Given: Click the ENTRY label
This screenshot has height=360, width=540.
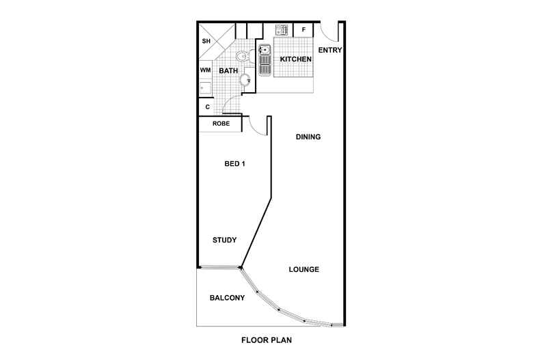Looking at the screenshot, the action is click(330, 51).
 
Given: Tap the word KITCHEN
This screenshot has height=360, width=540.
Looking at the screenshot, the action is click(295, 59).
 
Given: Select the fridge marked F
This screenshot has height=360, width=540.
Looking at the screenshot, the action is click(303, 30).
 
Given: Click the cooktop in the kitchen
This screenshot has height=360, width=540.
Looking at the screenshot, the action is click(282, 30).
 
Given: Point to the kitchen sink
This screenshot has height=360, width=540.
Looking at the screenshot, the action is click(265, 60).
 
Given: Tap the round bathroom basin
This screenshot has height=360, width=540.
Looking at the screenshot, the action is click(245, 80).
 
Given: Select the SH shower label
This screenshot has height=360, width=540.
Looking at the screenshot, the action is click(206, 41).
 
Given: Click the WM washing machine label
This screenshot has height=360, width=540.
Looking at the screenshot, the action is click(205, 70).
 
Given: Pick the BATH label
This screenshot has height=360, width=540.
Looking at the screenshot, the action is click(228, 71).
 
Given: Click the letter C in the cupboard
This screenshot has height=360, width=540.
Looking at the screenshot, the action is click(207, 107).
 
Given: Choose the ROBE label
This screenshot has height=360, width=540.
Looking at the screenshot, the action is click(221, 124).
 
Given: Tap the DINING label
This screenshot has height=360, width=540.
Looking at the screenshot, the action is click(308, 137).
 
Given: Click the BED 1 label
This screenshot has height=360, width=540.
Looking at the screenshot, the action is click(234, 164).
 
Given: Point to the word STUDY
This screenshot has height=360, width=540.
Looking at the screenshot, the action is click(224, 240).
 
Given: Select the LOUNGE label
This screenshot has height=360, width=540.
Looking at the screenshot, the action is click(303, 269).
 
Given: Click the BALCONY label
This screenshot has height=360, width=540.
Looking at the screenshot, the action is click(228, 298).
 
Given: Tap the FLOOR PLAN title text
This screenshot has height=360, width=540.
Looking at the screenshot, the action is click(267, 340).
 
